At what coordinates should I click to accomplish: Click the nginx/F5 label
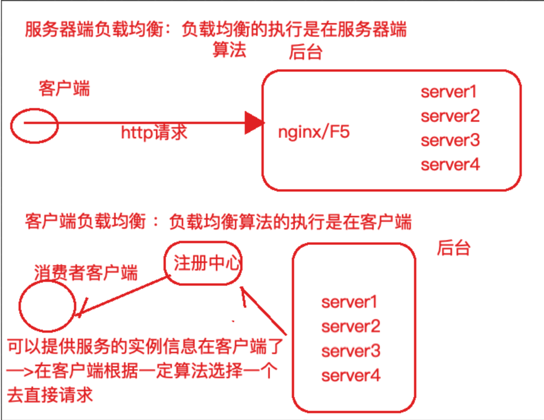[x=314, y=132]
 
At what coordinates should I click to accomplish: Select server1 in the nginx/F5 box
[x=449, y=92]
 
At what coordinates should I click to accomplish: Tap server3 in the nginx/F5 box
[x=450, y=140]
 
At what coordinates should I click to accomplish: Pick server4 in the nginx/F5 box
[x=450, y=165]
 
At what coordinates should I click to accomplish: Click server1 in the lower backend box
[x=349, y=302]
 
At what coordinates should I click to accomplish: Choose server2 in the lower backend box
[x=350, y=326]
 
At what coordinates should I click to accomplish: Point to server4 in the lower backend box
[x=350, y=375]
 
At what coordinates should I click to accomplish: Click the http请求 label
[x=154, y=132]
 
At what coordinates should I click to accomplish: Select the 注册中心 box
[x=203, y=263]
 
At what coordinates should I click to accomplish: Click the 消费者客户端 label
[x=86, y=273]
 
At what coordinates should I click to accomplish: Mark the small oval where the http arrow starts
[x=34, y=126]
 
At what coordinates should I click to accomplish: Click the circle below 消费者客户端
[x=47, y=306]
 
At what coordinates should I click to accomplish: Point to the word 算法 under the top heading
[x=229, y=50]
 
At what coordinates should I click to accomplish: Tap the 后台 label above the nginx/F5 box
[x=305, y=52]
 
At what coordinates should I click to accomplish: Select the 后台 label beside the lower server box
[x=453, y=248]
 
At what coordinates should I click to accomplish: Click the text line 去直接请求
[x=50, y=395]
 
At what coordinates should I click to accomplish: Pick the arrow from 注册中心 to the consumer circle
[x=122, y=295]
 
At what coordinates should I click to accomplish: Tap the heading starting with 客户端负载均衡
[x=218, y=222]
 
